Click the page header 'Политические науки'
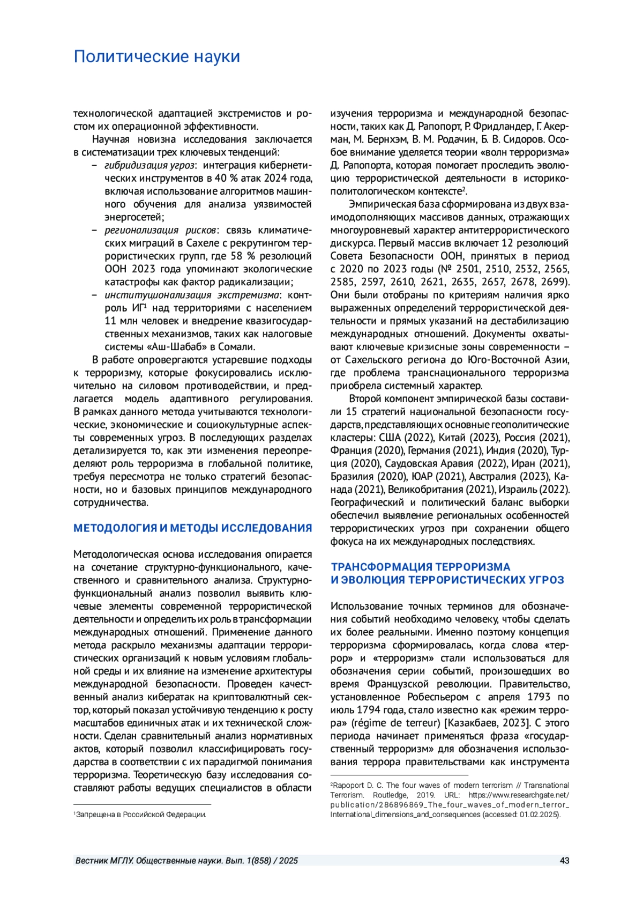pos(156,57)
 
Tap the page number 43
pos(564,861)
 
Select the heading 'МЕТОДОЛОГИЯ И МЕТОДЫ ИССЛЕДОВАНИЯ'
pos(192,528)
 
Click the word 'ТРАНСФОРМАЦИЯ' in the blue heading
pos(382,567)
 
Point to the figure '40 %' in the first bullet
pos(226,178)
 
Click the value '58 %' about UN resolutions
pos(243,256)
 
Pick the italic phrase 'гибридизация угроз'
pos(149,165)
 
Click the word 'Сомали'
pos(234,347)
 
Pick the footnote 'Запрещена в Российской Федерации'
pos(141,815)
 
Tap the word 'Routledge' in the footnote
pos(390,795)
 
